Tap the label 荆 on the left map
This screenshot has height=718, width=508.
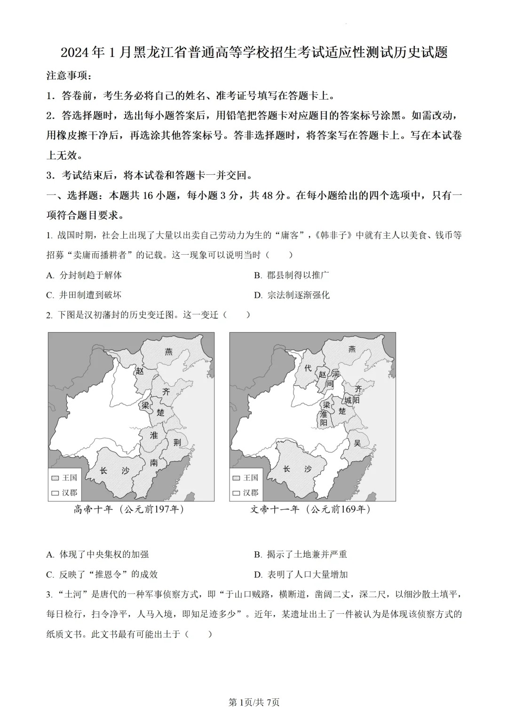pyautogui.click(x=177, y=442)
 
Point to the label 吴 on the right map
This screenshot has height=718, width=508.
pyautogui.click(x=358, y=443)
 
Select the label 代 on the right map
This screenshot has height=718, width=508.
pyautogui.click(x=308, y=368)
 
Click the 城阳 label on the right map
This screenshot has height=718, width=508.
pyautogui.click(x=352, y=400)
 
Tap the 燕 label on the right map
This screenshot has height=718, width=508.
pyautogui.click(x=352, y=349)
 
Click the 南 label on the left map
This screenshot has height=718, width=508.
pyautogui.click(x=154, y=463)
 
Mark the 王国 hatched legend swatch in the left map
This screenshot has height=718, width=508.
pyautogui.click(x=55, y=478)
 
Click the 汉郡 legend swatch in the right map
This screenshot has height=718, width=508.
pyautogui.click(x=237, y=493)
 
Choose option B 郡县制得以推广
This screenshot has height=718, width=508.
pyautogui.click(x=291, y=275)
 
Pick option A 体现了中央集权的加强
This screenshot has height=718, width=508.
pyautogui.click(x=97, y=554)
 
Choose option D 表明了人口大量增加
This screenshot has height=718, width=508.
pyautogui.click(x=301, y=574)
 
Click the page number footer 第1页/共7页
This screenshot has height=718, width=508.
pyautogui.click(x=254, y=702)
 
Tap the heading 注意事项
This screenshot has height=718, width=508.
pyautogui.click(x=69, y=75)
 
